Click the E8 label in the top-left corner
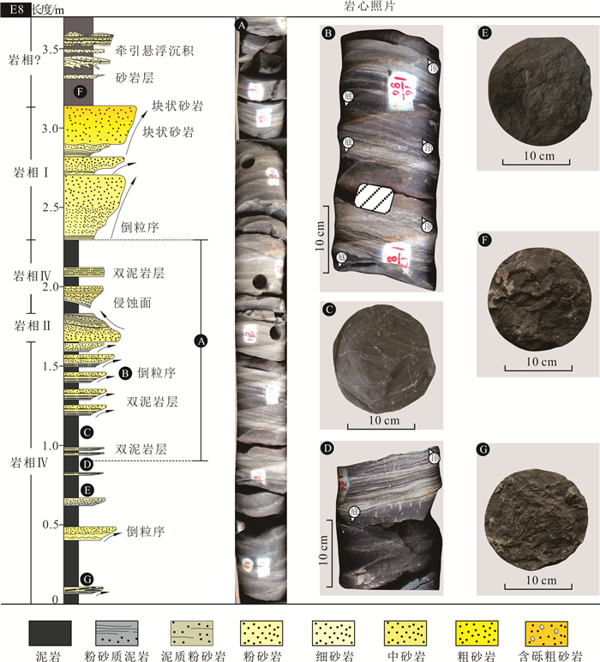pyautogui.click(x=15, y=9)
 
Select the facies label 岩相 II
pyautogui.click(x=26, y=326)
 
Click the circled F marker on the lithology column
pyautogui.click(x=80, y=92)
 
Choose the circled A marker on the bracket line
pyautogui.click(x=200, y=341)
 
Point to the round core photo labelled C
pyautogui.click(x=381, y=363)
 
